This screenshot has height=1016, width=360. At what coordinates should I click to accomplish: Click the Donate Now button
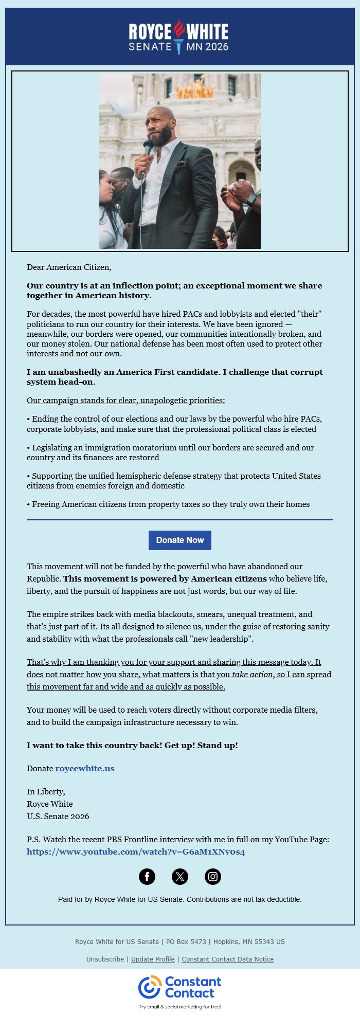[x=179, y=540]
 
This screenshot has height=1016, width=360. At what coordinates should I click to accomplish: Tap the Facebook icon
[x=147, y=876]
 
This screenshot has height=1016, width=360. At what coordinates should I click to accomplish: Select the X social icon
[x=180, y=876]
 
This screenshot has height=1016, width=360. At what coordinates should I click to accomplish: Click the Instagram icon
[x=213, y=876]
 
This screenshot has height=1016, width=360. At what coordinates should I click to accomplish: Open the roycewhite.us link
[x=85, y=768]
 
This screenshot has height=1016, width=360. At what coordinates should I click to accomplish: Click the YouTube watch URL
[x=136, y=851]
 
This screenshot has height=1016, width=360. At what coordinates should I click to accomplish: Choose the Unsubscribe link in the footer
[x=105, y=959]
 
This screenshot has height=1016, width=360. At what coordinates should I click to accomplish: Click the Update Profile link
[x=153, y=959]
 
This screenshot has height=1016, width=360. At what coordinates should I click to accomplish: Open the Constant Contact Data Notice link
[x=227, y=959]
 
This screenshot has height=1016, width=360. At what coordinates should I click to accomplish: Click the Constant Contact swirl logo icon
[x=150, y=987]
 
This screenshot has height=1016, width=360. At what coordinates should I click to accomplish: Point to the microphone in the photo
[x=148, y=147]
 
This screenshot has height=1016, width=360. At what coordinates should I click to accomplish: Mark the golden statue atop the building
[x=194, y=88]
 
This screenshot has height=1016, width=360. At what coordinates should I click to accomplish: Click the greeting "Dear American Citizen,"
[x=69, y=267]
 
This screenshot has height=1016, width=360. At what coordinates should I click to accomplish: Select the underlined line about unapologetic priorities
[x=125, y=400]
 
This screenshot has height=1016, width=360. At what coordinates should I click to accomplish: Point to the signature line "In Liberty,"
[x=46, y=791]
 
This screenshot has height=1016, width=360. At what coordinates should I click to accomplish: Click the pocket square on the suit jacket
[x=180, y=166]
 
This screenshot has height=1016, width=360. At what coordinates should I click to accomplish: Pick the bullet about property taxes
[x=168, y=504]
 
